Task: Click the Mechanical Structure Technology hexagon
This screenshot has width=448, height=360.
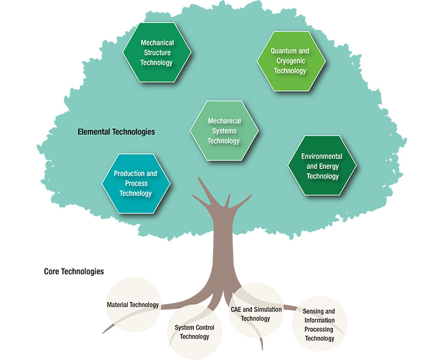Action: click(x=156, y=53)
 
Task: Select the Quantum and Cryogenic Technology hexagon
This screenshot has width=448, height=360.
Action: click(x=290, y=61)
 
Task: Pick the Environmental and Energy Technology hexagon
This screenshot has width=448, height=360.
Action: click(x=322, y=166)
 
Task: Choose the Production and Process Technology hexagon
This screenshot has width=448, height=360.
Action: click(x=135, y=183)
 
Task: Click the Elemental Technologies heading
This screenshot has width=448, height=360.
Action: click(x=116, y=131)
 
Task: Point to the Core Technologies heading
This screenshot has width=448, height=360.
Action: click(x=74, y=271)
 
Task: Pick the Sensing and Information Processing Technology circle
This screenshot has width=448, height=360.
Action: click(x=319, y=325)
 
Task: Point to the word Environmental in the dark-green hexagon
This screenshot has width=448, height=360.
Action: click(x=322, y=156)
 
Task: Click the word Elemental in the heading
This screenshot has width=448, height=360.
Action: click(x=95, y=131)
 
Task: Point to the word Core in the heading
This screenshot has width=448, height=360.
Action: click(x=52, y=271)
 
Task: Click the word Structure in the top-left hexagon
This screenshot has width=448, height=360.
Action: click(x=157, y=53)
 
